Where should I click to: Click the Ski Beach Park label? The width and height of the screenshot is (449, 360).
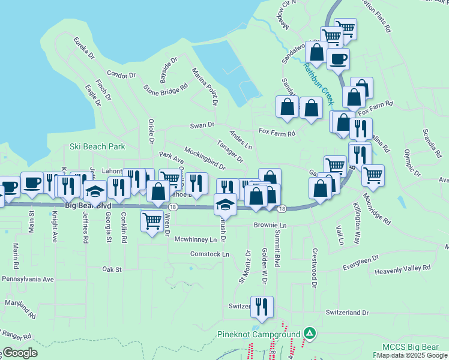(x=97, y=146)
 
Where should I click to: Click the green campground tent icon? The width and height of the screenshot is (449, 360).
(x=310, y=332)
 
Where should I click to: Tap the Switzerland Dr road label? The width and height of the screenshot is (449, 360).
(x=347, y=313)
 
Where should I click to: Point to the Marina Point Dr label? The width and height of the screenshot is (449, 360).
(x=205, y=88)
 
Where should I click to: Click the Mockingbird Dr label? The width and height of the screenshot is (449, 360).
(x=205, y=158)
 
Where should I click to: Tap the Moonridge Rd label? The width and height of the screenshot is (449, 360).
(x=376, y=211)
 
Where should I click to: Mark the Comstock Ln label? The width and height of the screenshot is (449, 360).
(x=209, y=254)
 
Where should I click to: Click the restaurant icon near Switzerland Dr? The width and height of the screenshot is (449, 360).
(x=262, y=307)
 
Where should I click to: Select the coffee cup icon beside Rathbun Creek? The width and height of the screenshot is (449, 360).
(x=338, y=59)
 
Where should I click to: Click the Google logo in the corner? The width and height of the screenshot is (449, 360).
(x=19, y=353)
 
